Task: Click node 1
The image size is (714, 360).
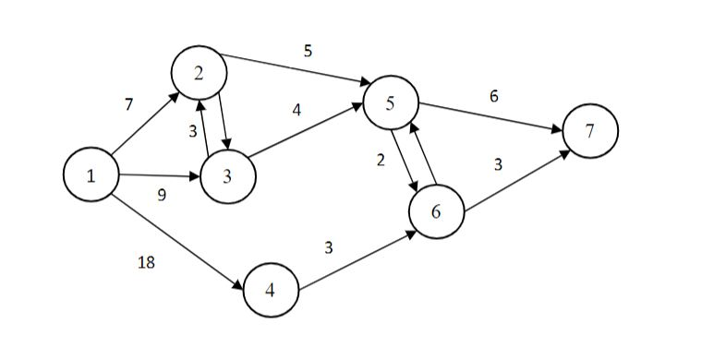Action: click(91, 175)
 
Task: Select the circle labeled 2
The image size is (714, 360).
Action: click(198, 73)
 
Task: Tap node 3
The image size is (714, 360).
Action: click(227, 176)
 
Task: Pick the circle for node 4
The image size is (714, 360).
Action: click(271, 289)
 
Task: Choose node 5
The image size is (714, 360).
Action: click(391, 102)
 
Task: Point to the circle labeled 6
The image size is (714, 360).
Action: click(437, 211)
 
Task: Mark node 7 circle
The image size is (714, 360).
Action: click(589, 131)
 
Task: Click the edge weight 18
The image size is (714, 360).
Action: click(146, 263)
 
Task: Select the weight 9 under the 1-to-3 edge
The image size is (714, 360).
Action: click(163, 196)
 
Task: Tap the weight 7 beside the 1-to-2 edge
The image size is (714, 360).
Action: click(128, 104)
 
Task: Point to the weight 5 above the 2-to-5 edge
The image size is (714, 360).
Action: click(308, 51)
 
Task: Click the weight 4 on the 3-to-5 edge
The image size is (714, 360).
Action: click(296, 110)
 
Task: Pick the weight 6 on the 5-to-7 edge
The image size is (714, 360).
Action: click(494, 96)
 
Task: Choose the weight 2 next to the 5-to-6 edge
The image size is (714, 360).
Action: click(380, 160)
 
